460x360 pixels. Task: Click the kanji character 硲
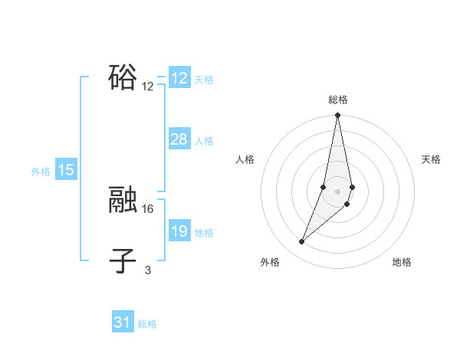tap(123, 77)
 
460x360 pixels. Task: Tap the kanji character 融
tap(123, 201)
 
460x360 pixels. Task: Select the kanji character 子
tap(123, 261)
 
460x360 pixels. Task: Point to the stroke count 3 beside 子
tap(148, 270)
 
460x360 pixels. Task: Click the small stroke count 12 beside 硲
tap(148, 87)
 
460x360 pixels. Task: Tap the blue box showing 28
tap(179, 139)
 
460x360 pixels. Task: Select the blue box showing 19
tap(179, 231)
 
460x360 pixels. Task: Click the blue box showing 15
tap(66, 171)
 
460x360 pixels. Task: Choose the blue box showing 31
tap(122, 322)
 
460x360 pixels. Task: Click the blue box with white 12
tap(179, 78)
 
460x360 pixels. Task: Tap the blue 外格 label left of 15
tap(41, 172)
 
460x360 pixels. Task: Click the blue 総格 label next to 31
tap(147, 324)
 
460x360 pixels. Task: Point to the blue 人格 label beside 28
tap(204, 141)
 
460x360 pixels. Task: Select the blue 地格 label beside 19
tap(204, 233)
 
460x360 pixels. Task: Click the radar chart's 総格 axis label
tap(337, 100)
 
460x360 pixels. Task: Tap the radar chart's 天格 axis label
tap(431, 159)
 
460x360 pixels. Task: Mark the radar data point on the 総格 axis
tap(337, 116)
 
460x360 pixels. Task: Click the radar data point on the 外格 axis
tap(302, 242)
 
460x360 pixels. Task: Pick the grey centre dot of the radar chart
tap(337, 191)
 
